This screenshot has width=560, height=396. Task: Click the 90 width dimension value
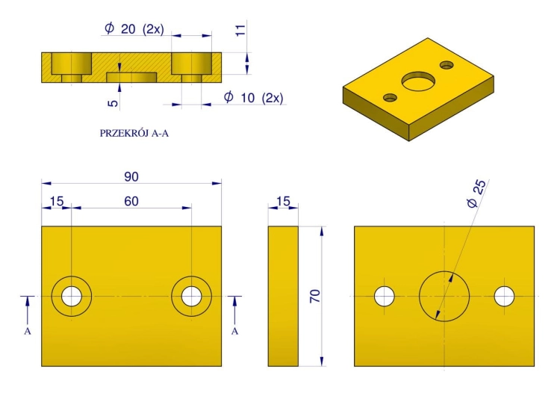[131, 176]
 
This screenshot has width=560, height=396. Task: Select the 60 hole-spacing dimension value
[131, 201]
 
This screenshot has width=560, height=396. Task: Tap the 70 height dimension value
[315, 297]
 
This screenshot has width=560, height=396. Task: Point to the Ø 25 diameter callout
[477, 194]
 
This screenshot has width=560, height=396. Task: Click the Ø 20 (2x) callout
[134, 28]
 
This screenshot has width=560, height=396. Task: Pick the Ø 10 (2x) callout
[254, 97]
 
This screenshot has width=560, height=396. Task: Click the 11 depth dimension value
[240, 30]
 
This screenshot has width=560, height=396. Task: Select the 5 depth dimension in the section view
[113, 103]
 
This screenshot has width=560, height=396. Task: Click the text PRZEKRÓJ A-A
[134, 133]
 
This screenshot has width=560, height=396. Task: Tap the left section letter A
[28, 331]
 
